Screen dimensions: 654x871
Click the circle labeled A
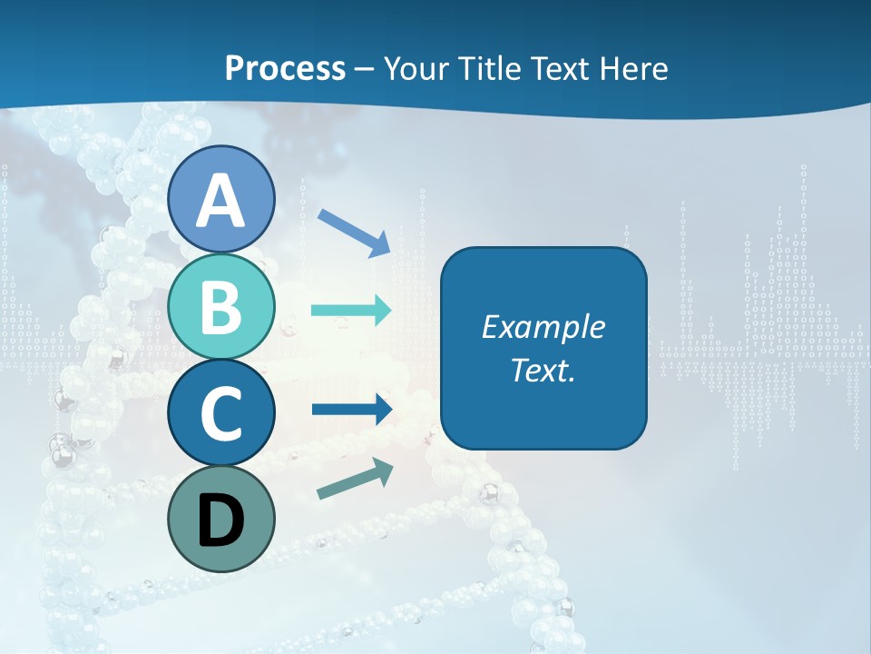(221, 199)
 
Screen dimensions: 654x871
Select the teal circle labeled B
(221, 306)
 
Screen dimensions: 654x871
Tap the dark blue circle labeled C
(221, 412)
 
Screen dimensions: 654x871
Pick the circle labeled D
(221, 519)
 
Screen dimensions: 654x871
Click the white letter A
(221, 200)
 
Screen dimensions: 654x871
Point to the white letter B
(221, 307)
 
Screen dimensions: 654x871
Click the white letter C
(221, 413)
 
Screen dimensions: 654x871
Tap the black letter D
(221, 520)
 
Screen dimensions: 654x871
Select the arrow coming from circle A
(355, 231)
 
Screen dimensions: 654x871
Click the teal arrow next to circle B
(351, 311)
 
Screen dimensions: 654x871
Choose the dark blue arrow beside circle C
(351, 409)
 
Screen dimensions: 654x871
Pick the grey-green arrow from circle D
(355, 479)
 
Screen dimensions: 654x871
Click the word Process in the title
(285, 68)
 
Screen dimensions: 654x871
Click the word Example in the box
(543, 327)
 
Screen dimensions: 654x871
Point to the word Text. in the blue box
(543, 371)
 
